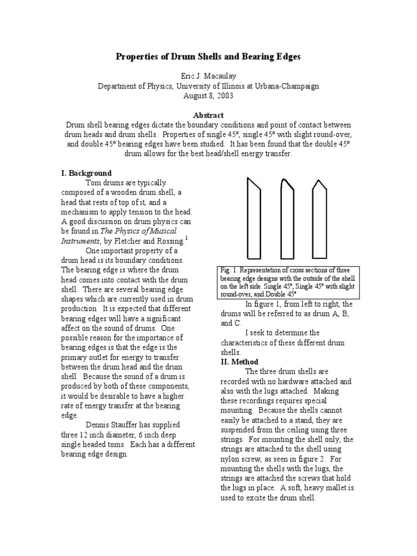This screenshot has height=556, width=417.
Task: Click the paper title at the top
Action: click(x=208, y=57)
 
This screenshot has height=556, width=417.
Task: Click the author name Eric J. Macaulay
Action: click(x=208, y=76)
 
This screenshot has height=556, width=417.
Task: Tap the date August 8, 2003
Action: click(x=208, y=96)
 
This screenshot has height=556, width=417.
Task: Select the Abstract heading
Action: click(x=208, y=115)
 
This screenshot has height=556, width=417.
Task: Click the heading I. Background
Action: click(x=86, y=173)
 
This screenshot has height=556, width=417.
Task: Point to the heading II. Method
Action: click(x=239, y=362)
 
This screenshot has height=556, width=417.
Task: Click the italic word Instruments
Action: click(x=80, y=241)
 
